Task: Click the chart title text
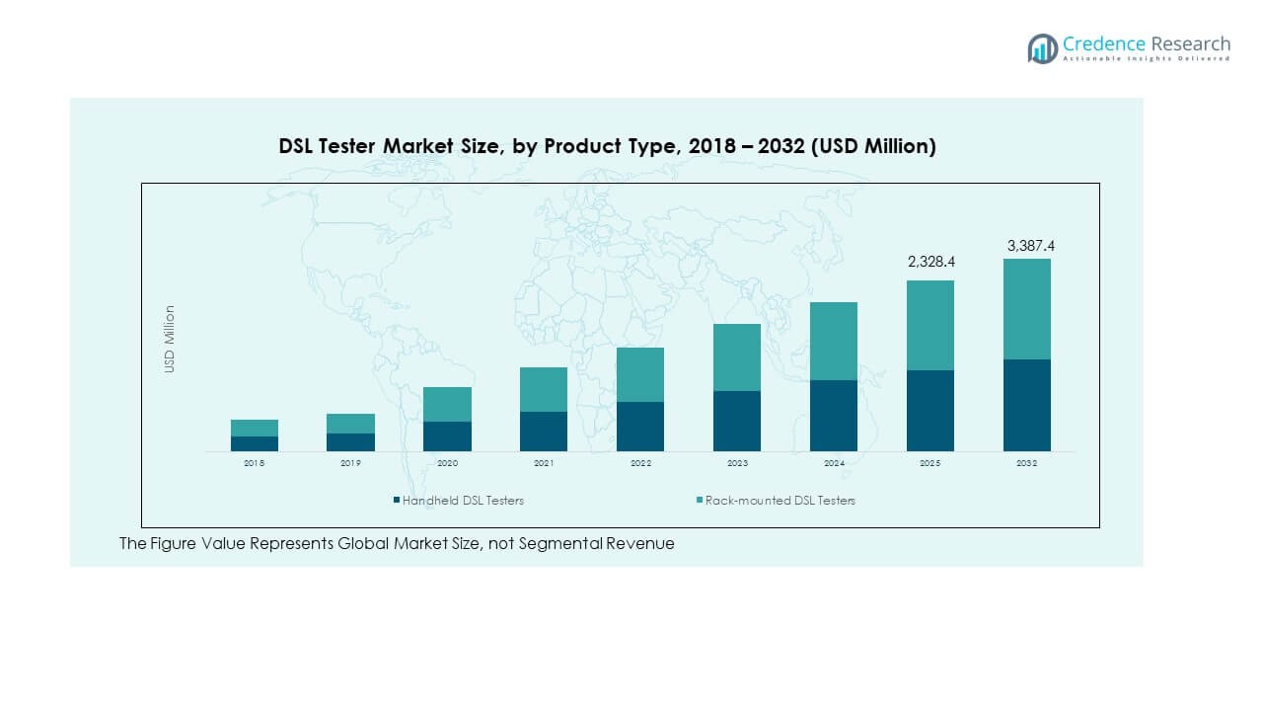(607, 146)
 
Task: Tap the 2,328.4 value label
(930, 263)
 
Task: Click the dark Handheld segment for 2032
(1027, 405)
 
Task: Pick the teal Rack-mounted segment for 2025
(930, 325)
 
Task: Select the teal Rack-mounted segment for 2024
(834, 341)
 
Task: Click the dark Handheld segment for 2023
(737, 421)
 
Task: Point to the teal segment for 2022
(640, 374)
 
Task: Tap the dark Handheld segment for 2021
(544, 431)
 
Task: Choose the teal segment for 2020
(447, 404)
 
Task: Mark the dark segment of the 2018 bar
(255, 443)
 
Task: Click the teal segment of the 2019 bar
(351, 423)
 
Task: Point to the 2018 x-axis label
(255, 463)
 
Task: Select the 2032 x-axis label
(1027, 463)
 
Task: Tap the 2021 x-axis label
(544, 463)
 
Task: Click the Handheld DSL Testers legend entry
(458, 501)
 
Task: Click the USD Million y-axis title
(170, 339)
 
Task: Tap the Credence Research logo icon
(1042, 48)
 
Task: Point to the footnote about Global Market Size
(397, 543)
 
